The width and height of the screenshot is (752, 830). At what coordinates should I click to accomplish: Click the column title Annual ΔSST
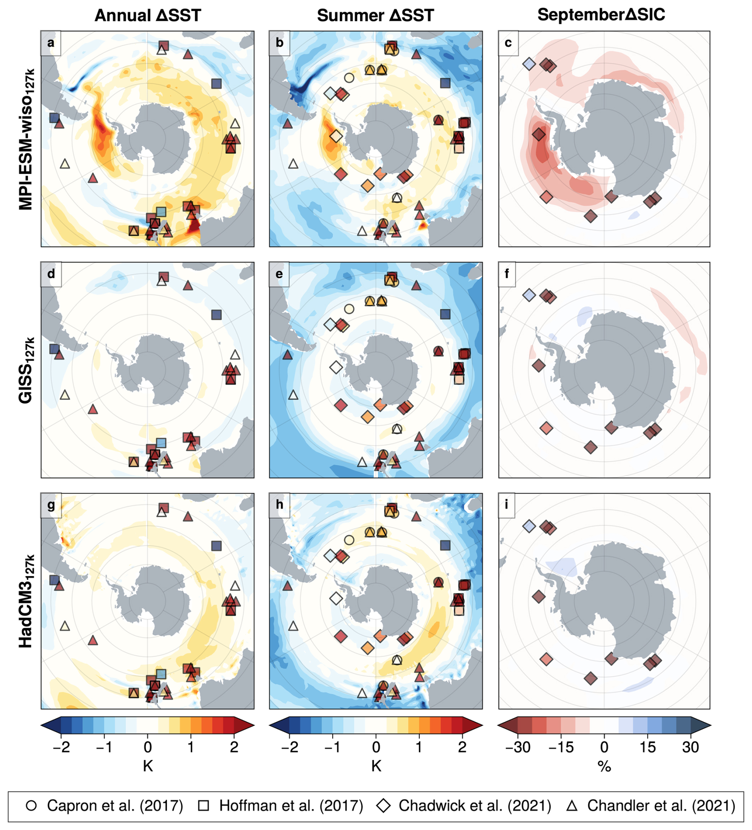[x=148, y=16]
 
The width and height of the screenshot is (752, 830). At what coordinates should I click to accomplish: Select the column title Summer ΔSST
[x=375, y=16]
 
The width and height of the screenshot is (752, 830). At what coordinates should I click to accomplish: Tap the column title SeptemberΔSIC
[x=601, y=15]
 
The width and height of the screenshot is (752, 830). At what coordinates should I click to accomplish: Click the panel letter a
[x=50, y=43]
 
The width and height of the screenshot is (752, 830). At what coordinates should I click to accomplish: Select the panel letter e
[x=279, y=274]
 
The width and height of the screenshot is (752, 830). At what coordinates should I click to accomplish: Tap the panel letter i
[x=506, y=504]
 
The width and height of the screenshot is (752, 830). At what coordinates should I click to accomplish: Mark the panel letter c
[x=508, y=43]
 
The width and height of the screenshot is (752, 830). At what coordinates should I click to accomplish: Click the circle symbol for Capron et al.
[x=31, y=806]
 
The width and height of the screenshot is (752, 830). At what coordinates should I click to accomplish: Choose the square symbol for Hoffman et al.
[x=204, y=806]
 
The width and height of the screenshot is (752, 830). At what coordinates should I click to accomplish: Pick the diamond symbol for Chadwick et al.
[x=384, y=806]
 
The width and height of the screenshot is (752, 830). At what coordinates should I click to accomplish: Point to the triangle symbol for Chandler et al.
[x=572, y=806]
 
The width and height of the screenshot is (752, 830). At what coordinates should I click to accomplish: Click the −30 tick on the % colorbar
[x=518, y=747]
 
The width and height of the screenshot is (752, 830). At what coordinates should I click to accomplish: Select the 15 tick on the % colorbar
[x=647, y=747]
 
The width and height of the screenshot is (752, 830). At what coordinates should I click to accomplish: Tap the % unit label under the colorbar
[x=604, y=766]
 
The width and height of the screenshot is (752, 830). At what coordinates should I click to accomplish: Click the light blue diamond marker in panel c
[x=529, y=64]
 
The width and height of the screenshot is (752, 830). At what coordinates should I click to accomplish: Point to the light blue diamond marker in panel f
[x=529, y=295]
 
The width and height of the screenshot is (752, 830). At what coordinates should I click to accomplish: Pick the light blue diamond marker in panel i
[x=529, y=526]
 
